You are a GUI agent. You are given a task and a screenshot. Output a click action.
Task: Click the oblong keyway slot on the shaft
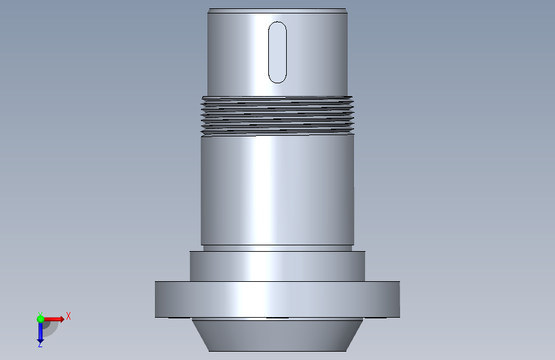pos(278,53)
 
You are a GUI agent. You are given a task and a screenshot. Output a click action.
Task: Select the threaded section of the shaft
pos(278,116)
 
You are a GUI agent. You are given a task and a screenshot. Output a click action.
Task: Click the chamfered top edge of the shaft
pos(278,11)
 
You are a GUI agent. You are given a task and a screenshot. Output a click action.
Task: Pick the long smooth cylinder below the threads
pos(278,190)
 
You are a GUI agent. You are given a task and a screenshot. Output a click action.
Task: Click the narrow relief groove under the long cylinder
pos(278,248)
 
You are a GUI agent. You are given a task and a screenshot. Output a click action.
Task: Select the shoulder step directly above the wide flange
pos(278,266)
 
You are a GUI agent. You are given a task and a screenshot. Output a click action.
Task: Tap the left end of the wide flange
pos(156,299)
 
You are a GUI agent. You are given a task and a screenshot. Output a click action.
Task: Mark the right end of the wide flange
pos(399,299)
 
